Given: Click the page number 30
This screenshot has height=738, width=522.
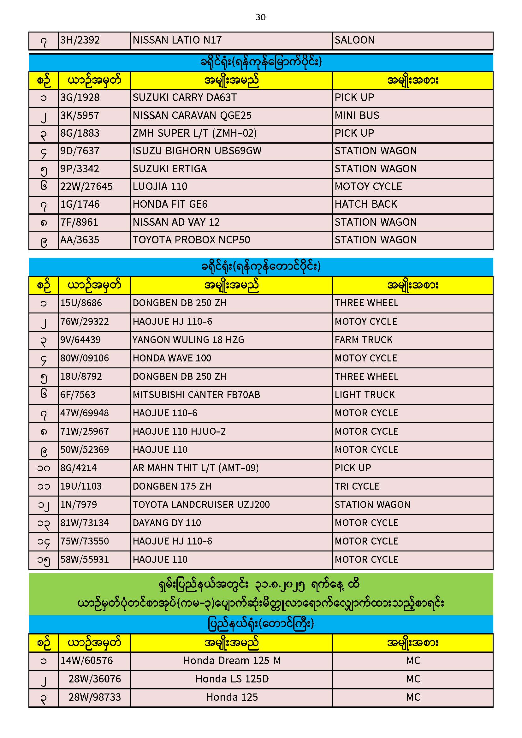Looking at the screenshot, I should click(260, 17).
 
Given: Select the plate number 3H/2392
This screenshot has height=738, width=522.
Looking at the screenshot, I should click(80, 40).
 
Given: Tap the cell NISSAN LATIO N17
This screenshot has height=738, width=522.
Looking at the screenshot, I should click(177, 40).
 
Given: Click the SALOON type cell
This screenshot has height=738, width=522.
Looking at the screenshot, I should click(354, 40).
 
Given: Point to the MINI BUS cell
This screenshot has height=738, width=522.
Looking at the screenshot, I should click(357, 116).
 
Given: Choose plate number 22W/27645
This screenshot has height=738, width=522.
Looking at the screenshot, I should click(86, 187).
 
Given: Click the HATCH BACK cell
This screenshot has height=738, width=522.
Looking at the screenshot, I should click(366, 204).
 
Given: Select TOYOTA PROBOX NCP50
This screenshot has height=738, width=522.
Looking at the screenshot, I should click(191, 240).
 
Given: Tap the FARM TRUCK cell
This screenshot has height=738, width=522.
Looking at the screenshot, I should click(364, 340).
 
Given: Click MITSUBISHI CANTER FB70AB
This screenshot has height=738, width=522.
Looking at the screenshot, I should click(196, 395).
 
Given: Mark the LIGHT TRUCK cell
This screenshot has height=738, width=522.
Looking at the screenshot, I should click(365, 395).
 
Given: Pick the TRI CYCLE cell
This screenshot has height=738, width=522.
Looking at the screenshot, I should click(357, 486).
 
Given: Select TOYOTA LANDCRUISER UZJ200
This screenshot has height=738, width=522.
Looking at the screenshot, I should click(201, 505).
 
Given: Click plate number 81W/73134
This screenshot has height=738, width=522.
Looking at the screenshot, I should click(85, 523).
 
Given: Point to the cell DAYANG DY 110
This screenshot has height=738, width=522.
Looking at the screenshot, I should click(167, 523).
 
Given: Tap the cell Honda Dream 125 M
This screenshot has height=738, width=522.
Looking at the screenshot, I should click(232, 661).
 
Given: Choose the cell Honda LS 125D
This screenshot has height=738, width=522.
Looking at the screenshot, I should click(232, 679).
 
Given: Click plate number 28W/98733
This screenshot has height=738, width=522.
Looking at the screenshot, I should click(94, 697).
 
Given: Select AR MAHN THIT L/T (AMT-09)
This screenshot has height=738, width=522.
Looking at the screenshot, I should click(195, 468).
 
